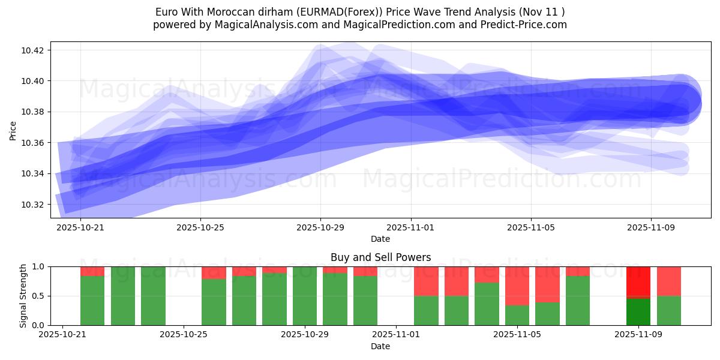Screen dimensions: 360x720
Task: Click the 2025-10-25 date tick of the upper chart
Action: pyautogui.click(x=200, y=227)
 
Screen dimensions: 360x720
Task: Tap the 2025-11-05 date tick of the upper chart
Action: pyautogui.click(x=530, y=227)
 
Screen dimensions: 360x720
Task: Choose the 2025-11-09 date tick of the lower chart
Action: pyautogui.click(x=638, y=335)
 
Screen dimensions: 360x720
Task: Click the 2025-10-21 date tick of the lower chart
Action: pyautogui.click(x=62, y=335)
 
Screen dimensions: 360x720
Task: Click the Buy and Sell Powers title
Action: pyautogui.click(x=380, y=257)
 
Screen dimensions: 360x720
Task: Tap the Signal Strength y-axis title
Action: pyautogui.click(x=23, y=296)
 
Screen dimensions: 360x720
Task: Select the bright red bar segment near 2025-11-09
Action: pyautogui.click(x=638, y=281)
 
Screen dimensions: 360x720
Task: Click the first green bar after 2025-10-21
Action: pyautogui.click(x=92, y=300)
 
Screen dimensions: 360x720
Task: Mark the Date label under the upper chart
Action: pyautogui.click(x=380, y=239)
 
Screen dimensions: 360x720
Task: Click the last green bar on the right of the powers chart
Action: pyautogui.click(x=668, y=311)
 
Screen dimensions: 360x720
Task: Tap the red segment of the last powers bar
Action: pyautogui.click(x=668, y=281)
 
